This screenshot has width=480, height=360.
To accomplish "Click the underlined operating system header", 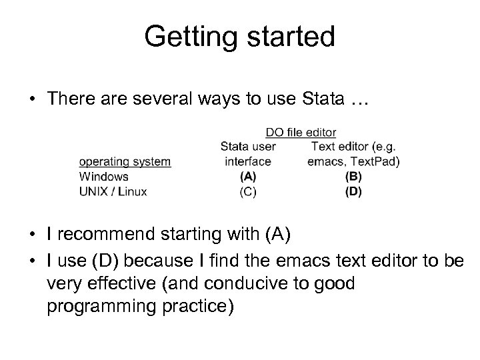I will pyautogui.click(x=125, y=161).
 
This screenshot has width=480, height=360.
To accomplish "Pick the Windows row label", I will pyautogui.click(x=103, y=177).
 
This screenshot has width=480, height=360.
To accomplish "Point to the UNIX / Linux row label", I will pyautogui.click(x=113, y=191).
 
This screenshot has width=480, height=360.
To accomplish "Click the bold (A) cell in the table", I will pyautogui.click(x=247, y=177).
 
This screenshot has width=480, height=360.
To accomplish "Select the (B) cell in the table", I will pyautogui.click(x=354, y=177).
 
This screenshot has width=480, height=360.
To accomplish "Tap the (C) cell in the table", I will pyautogui.click(x=247, y=191).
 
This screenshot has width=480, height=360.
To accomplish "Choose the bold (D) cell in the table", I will pyautogui.click(x=354, y=191).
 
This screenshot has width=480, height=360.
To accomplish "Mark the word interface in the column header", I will pyautogui.click(x=248, y=161).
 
